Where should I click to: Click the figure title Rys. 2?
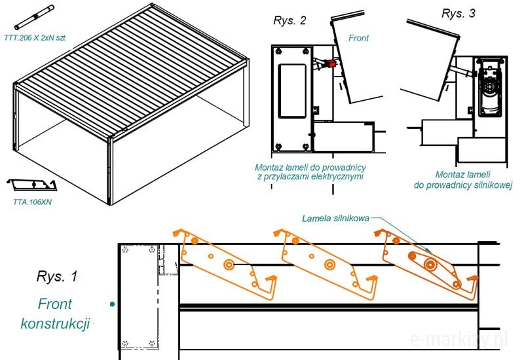click(x=290, y=20)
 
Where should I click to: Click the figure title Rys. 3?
click(x=458, y=13)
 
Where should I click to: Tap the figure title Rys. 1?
click(x=56, y=276)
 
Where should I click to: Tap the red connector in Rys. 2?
click(x=331, y=64)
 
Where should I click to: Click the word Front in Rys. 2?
click(x=358, y=38)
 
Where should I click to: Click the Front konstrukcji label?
click(x=55, y=314)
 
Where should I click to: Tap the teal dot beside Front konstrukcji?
click(x=113, y=304)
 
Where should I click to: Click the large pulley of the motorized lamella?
click(x=430, y=264)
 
